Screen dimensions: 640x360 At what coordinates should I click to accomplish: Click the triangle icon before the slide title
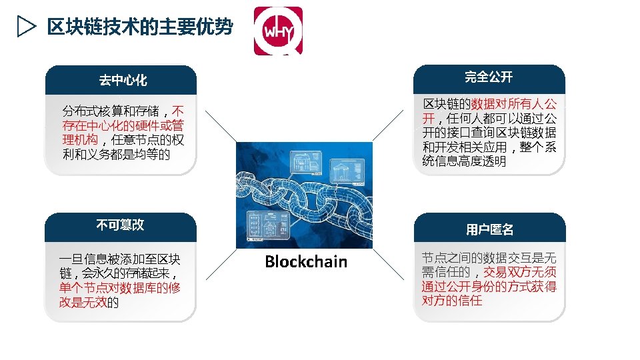click(x=25, y=27)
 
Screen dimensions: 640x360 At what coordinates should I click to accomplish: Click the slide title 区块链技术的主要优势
click(x=139, y=27)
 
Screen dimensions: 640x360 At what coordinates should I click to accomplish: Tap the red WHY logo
click(x=278, y=31)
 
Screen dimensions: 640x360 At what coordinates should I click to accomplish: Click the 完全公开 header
click(x=489, y=77)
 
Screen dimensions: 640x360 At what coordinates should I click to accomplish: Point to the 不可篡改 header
click(x=120, y=225)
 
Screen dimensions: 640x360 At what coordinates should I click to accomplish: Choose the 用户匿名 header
click(x=489, y=229)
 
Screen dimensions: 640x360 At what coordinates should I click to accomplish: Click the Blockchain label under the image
click(x=306, y=262)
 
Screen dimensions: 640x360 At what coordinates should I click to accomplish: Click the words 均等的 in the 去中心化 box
click(x=155, y=155)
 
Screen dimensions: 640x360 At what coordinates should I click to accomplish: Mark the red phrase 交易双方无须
click(x=520, y=272)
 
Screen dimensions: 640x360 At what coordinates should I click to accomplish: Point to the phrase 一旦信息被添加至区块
click(x=120, y=259)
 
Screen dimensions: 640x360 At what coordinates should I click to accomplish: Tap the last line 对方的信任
click(x=452, y=301)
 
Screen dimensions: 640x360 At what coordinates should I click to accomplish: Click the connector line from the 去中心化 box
click(x=220, y=126)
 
